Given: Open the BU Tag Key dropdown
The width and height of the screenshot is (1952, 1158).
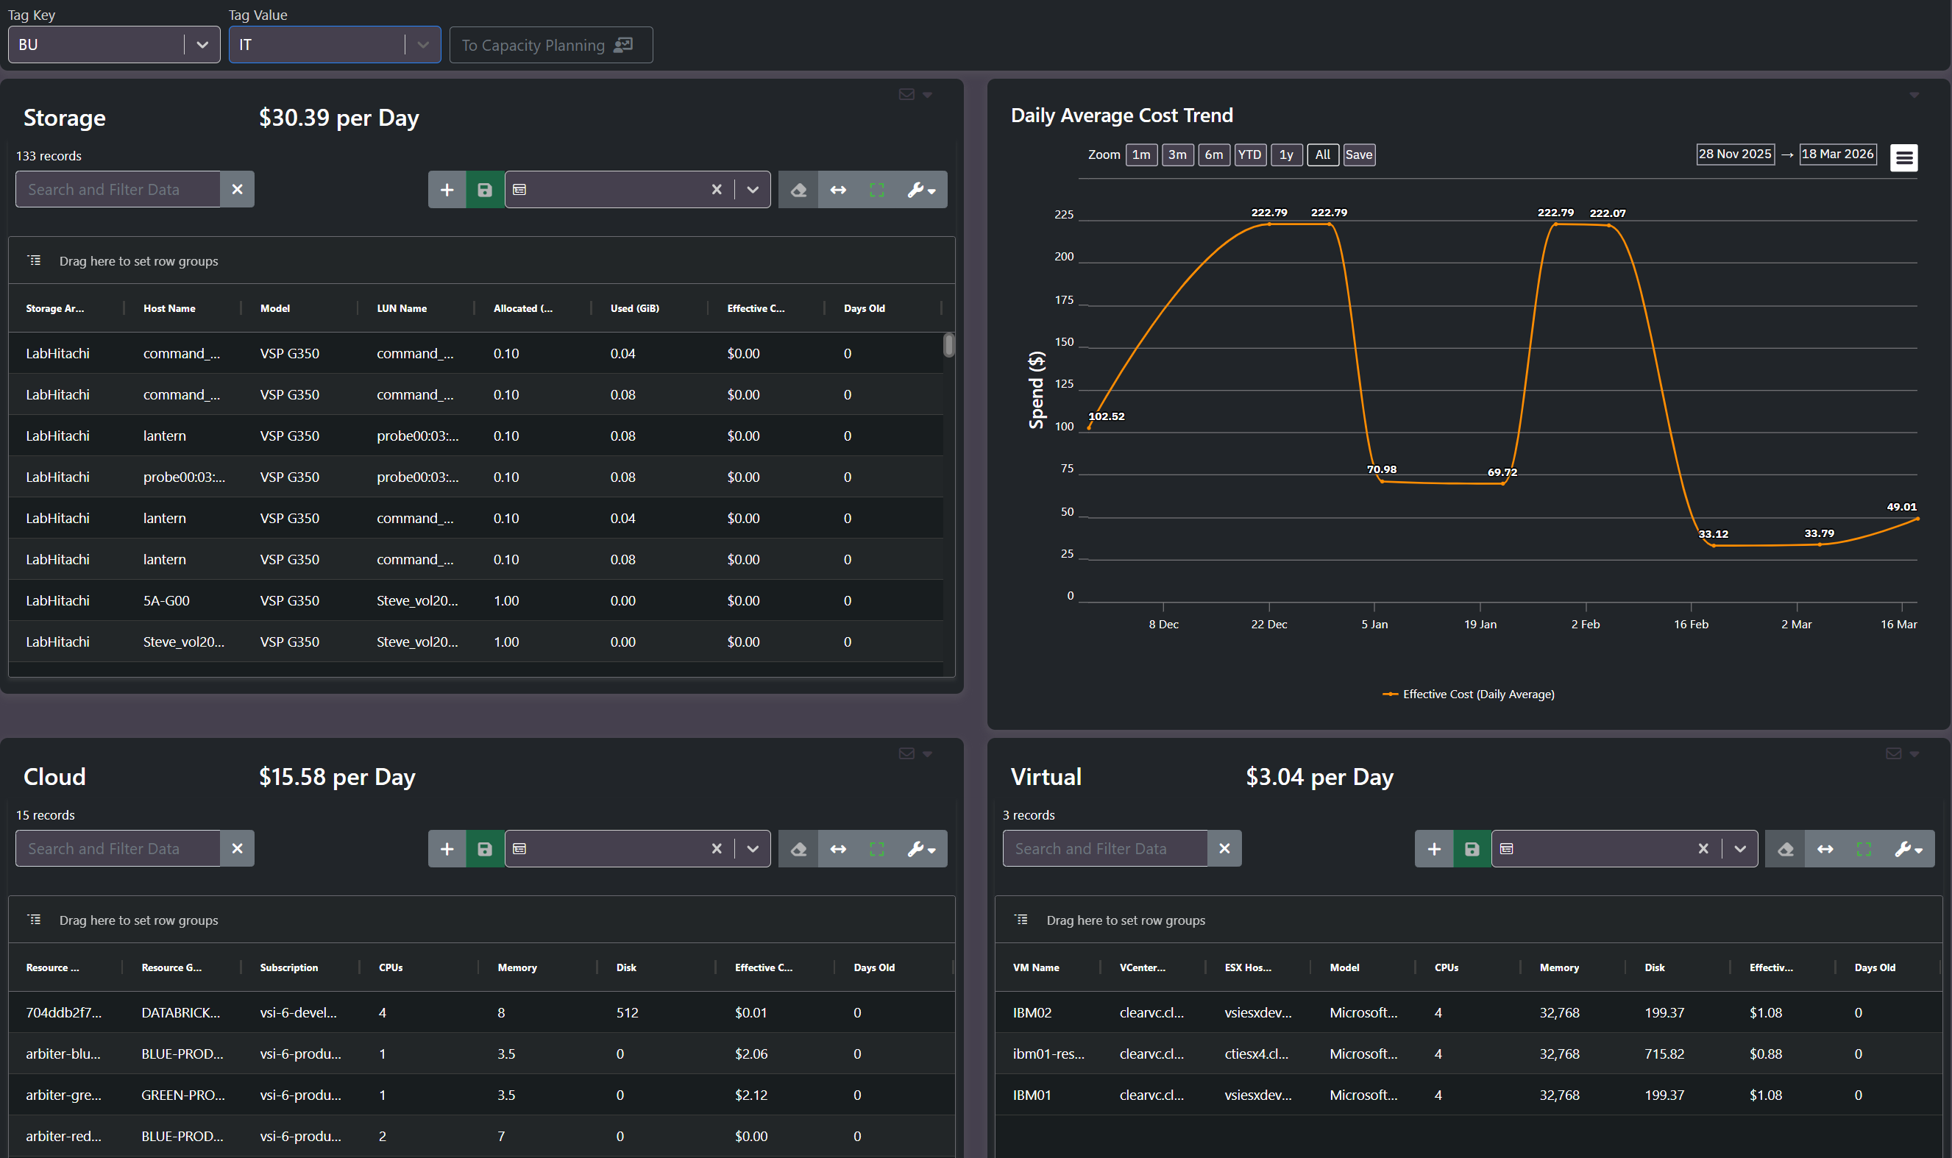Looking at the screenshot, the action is click(x=114, y=44).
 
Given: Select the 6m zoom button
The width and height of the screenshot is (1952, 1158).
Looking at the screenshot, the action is click(x=1214, y=154).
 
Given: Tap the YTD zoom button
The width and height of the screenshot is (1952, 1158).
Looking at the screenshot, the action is click(x=1250, y=154).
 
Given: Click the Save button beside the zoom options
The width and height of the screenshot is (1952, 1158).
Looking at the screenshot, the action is click(x=1359, y=154).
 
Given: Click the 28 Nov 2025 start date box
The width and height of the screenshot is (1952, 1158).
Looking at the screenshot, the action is click(x=1735, y=154).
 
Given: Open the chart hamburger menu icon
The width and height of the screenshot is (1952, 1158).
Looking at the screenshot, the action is click(x=1903, y=157).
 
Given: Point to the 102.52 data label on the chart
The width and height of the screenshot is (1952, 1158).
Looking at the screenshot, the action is click(x=1107, y=416).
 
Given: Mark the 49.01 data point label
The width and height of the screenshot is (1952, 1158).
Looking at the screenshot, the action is click(x=1901, y=506).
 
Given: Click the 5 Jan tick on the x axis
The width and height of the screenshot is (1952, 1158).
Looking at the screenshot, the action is click(x=1374, y=625).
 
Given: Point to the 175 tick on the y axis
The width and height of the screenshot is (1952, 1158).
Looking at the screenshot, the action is click(x=1064, y=299).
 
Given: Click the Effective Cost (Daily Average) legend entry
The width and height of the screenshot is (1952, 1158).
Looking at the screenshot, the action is click(x=1469, y=694).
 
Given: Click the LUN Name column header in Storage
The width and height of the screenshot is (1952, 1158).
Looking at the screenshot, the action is click(x=402, y=308).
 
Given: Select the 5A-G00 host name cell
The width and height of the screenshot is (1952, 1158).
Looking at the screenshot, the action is click(x=166, y=600).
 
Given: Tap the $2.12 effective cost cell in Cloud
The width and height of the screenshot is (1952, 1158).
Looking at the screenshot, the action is click(x=751, y=1095).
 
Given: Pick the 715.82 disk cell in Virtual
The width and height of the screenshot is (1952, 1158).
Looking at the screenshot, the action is click(x=1664, y=1054).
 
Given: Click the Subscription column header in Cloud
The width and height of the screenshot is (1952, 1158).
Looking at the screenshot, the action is click(x=288, y=967).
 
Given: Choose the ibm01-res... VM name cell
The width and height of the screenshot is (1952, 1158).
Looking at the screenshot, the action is click(x=1048, y=1054).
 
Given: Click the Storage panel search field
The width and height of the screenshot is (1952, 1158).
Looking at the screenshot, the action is click(x=118, y=190).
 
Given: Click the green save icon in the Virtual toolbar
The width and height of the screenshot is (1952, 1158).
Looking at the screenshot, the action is click(x=1472, y=849).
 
